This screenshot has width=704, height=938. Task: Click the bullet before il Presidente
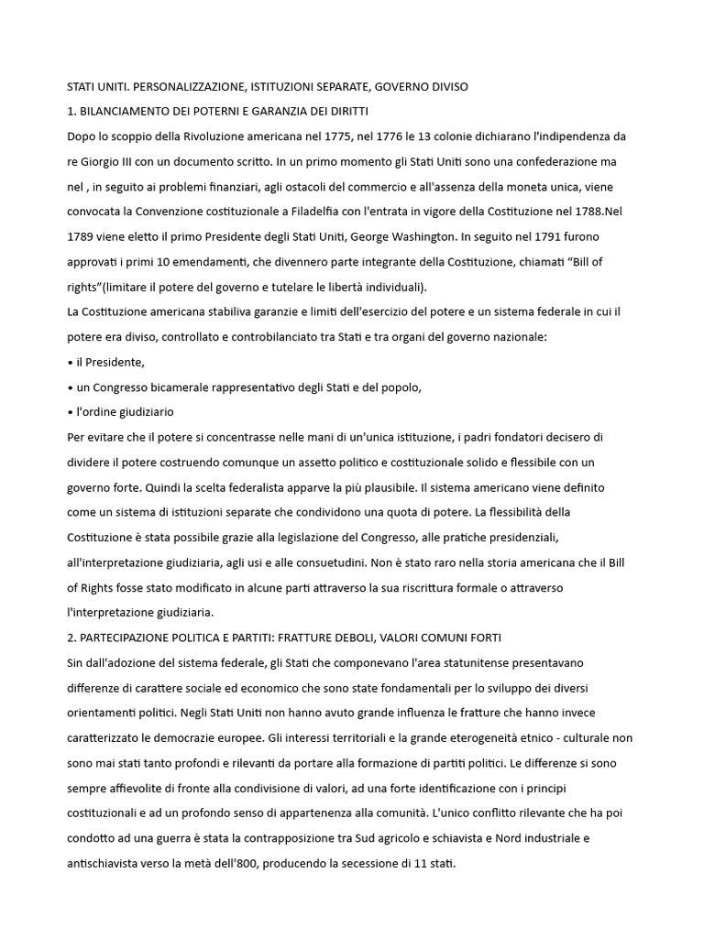tap(71, 362)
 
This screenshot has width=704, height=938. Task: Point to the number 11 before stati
tap(429, 862)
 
